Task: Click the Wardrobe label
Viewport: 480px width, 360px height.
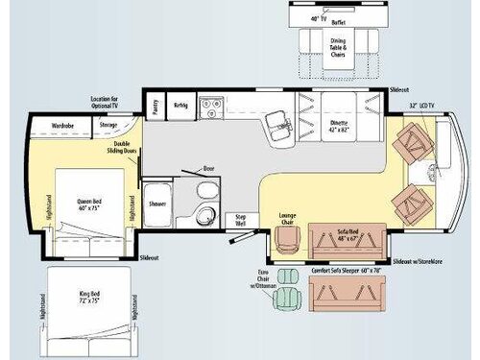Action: (62, 124)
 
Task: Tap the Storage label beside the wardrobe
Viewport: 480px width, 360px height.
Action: (108, 124)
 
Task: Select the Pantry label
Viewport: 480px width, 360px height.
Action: (154, 105)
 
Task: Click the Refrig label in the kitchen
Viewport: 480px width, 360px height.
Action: (180, 105)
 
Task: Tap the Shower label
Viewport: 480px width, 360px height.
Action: (156, 203)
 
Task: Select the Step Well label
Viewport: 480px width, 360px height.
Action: (242, 220)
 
